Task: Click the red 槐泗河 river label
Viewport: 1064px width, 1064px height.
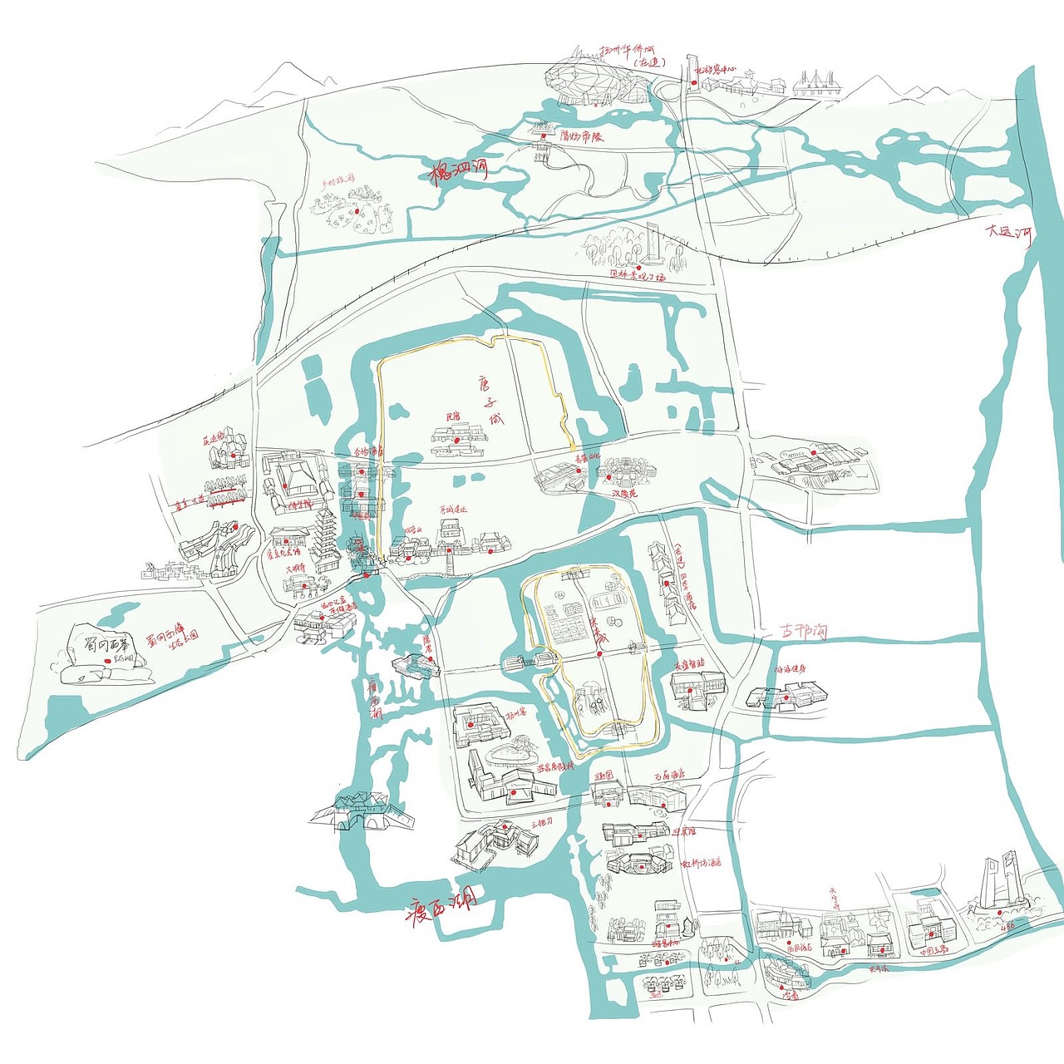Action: coord(458,173)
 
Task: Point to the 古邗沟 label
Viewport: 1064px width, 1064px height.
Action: coord(804,632)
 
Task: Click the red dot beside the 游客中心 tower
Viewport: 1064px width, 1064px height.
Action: coord(694,81)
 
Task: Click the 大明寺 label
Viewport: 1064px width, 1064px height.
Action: coord(297,570)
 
